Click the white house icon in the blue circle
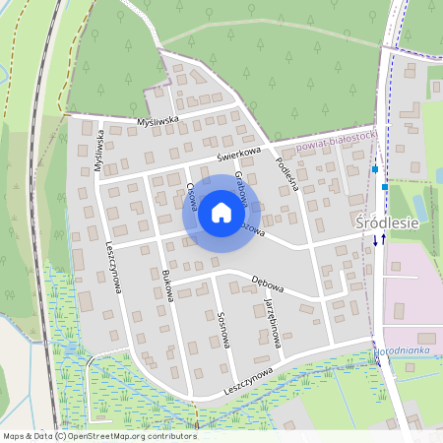[x=221, y=213]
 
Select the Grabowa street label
[x=239, y=187]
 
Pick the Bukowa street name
[x=167, y=285]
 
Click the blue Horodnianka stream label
[x=408, y=351]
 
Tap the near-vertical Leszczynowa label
[x=113, y=267]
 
